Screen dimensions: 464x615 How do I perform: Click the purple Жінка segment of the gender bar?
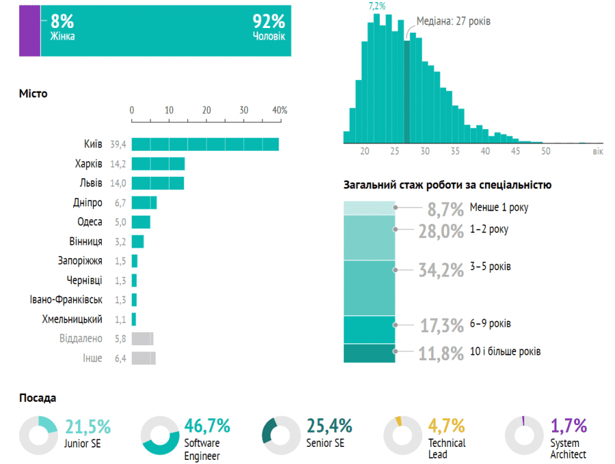pyautogui.click(x=29, y=29)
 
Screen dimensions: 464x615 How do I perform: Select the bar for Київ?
pyautogui.click(x=205, y=144)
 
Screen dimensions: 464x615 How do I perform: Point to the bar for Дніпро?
pyautogui.click(x=144, y=203)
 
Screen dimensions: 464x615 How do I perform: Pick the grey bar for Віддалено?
pyautogui.click(x=142, y=338)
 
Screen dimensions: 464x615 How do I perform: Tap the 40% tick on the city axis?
pyautogui.click(x=280, y=110)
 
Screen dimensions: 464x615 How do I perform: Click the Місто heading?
pyautogui.click(x=33, y=93)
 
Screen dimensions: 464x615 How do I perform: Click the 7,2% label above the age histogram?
pyautogui.click(x=377, y=6)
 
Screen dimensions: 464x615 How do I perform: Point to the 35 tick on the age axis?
pyautogui.click(x=455, y=151)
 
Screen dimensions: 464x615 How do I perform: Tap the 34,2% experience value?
pyautogui.click(x=441, y=270)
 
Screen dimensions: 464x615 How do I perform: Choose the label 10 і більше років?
pyautogui.click(x=506, y=351)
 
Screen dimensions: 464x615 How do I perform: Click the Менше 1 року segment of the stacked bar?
pyautogui.click(x=369, y=207)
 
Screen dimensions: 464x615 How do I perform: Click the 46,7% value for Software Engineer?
pyautogui.click(x=207, y=426)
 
